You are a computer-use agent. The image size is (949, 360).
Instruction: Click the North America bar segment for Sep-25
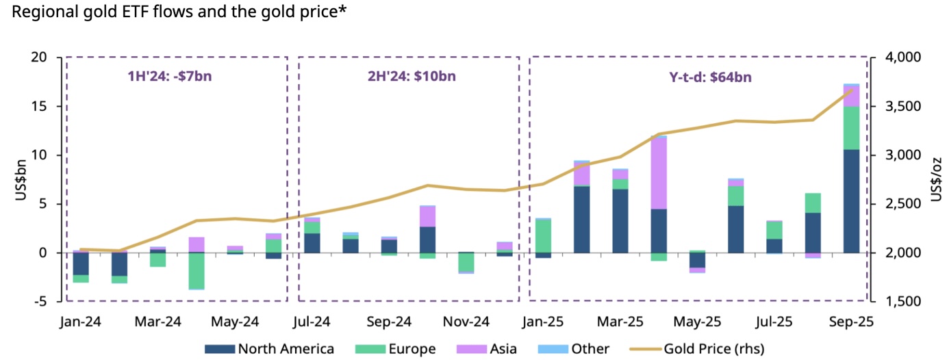tap(852, 201)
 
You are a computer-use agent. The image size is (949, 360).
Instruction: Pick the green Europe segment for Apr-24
tap(197, 271)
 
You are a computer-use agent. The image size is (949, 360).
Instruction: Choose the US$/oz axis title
tap(936, 179)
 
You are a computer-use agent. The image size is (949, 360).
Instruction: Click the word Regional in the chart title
tap(40, 12)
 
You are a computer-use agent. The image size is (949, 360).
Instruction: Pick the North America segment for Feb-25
tap(582, 220)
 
